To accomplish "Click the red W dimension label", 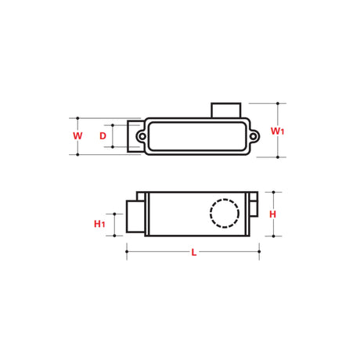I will click(77, 136).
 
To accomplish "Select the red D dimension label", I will click(103, 136).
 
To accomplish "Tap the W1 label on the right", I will click(277, 131).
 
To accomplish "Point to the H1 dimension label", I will click(99, 225).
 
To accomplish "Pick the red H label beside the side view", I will click(272, 214).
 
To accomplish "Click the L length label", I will click(193, 252).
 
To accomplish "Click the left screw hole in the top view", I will click(142, 136).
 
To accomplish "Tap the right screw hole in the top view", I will click(254, 136).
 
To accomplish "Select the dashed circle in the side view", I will click(224, 213).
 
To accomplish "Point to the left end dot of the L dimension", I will click(127, 251).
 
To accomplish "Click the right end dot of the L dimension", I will click(259, 251).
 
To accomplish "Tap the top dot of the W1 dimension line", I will click(279, 103).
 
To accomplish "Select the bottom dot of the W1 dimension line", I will click(279, 157).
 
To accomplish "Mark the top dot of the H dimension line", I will click(273, 192).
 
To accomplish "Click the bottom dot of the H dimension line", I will click(273, 235).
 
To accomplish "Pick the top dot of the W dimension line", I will click(77, 118).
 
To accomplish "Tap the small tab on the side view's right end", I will click(254, 205).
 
